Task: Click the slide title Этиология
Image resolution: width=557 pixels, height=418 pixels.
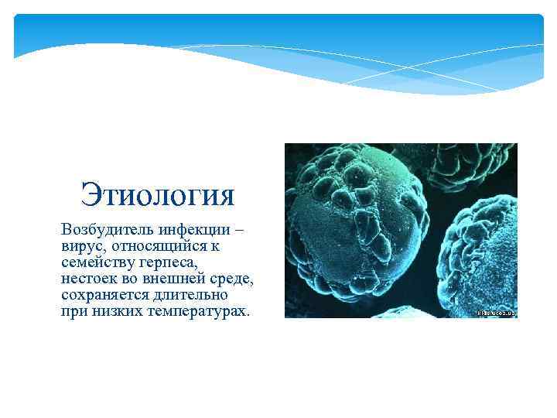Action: [x=157, y=194]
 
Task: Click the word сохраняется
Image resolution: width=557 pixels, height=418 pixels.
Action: [x=103, y=295]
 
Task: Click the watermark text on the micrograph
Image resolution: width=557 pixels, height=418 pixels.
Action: [x=496, y=313]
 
